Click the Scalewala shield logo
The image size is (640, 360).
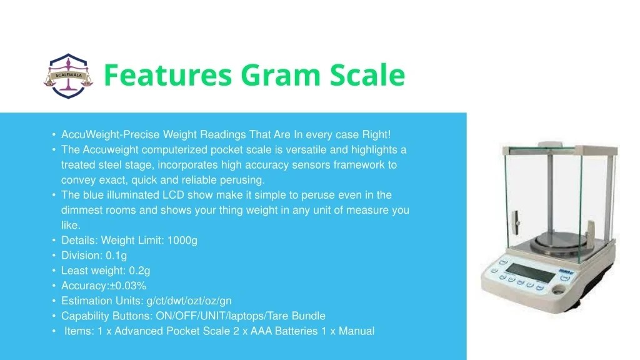[68, 76]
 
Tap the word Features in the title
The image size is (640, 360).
[165, 76]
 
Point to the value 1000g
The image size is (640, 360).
[182, 241]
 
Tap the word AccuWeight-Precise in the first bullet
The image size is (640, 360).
[110, 135]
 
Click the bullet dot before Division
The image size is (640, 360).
[54, 256]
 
